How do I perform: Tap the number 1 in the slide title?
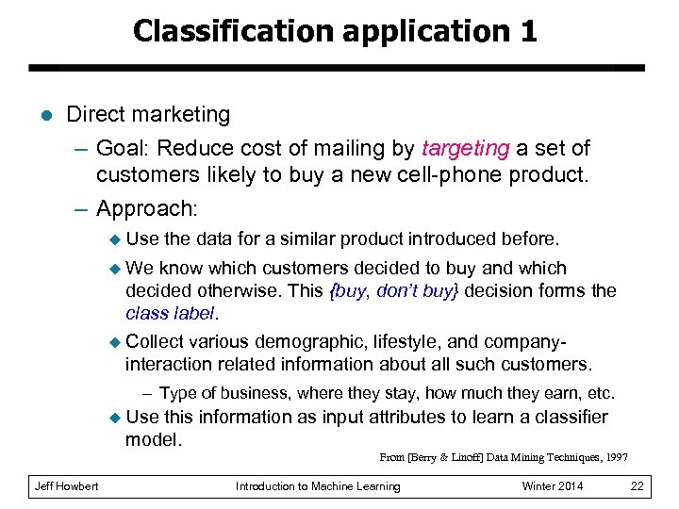527,31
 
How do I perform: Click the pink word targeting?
465,149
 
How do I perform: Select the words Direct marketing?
148,115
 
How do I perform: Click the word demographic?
314,342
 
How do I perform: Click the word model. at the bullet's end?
153,439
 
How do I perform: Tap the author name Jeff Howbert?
66,486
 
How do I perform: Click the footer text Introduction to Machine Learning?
318,486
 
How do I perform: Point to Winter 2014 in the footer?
552,486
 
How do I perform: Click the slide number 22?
637,486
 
